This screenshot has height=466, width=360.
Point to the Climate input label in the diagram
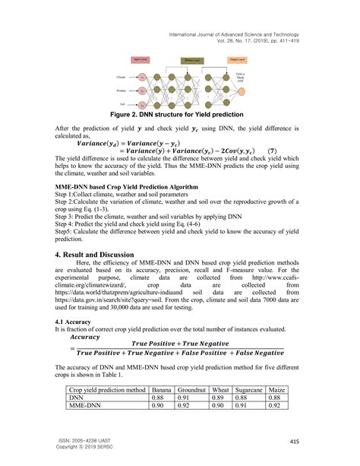121,78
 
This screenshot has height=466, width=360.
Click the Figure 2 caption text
180,116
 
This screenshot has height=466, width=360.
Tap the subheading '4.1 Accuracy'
75,322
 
